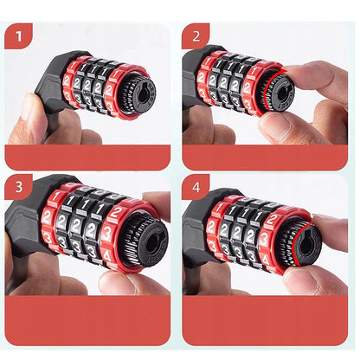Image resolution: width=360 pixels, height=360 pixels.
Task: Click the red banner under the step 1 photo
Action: (87, 157)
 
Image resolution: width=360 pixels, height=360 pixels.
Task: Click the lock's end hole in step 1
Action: (139, 89)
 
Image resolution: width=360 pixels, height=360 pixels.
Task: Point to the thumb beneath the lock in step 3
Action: (130, 281)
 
